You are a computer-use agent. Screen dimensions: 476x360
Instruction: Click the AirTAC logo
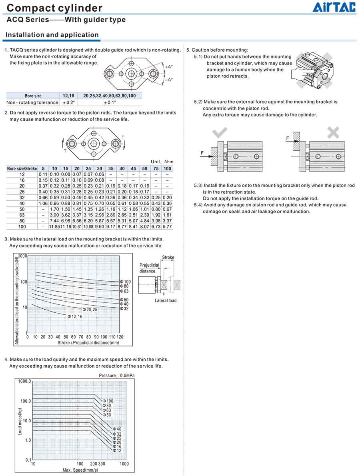[334, 7]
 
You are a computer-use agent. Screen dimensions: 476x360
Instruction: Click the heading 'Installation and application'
[52, 35]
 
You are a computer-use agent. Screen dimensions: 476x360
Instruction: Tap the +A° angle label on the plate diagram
[168, 67]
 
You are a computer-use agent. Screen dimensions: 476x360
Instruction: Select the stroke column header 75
[156, 168]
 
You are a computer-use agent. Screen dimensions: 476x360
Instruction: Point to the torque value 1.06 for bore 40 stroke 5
[43, 203]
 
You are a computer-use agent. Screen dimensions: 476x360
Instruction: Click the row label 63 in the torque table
[22, 215]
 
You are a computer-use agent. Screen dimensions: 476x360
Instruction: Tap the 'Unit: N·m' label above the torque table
[162, 162]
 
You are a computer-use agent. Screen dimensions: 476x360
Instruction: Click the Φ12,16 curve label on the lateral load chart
[75, 316]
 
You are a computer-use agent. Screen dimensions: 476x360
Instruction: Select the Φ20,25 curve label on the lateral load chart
[90, 310]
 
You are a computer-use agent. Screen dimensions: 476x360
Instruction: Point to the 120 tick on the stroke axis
[120, 337]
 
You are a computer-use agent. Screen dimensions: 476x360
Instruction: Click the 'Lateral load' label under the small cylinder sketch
[165, 300]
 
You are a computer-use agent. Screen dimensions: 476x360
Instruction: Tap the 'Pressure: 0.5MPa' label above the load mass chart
[117, 376]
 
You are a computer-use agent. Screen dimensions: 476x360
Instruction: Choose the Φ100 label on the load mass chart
[108, 401]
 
